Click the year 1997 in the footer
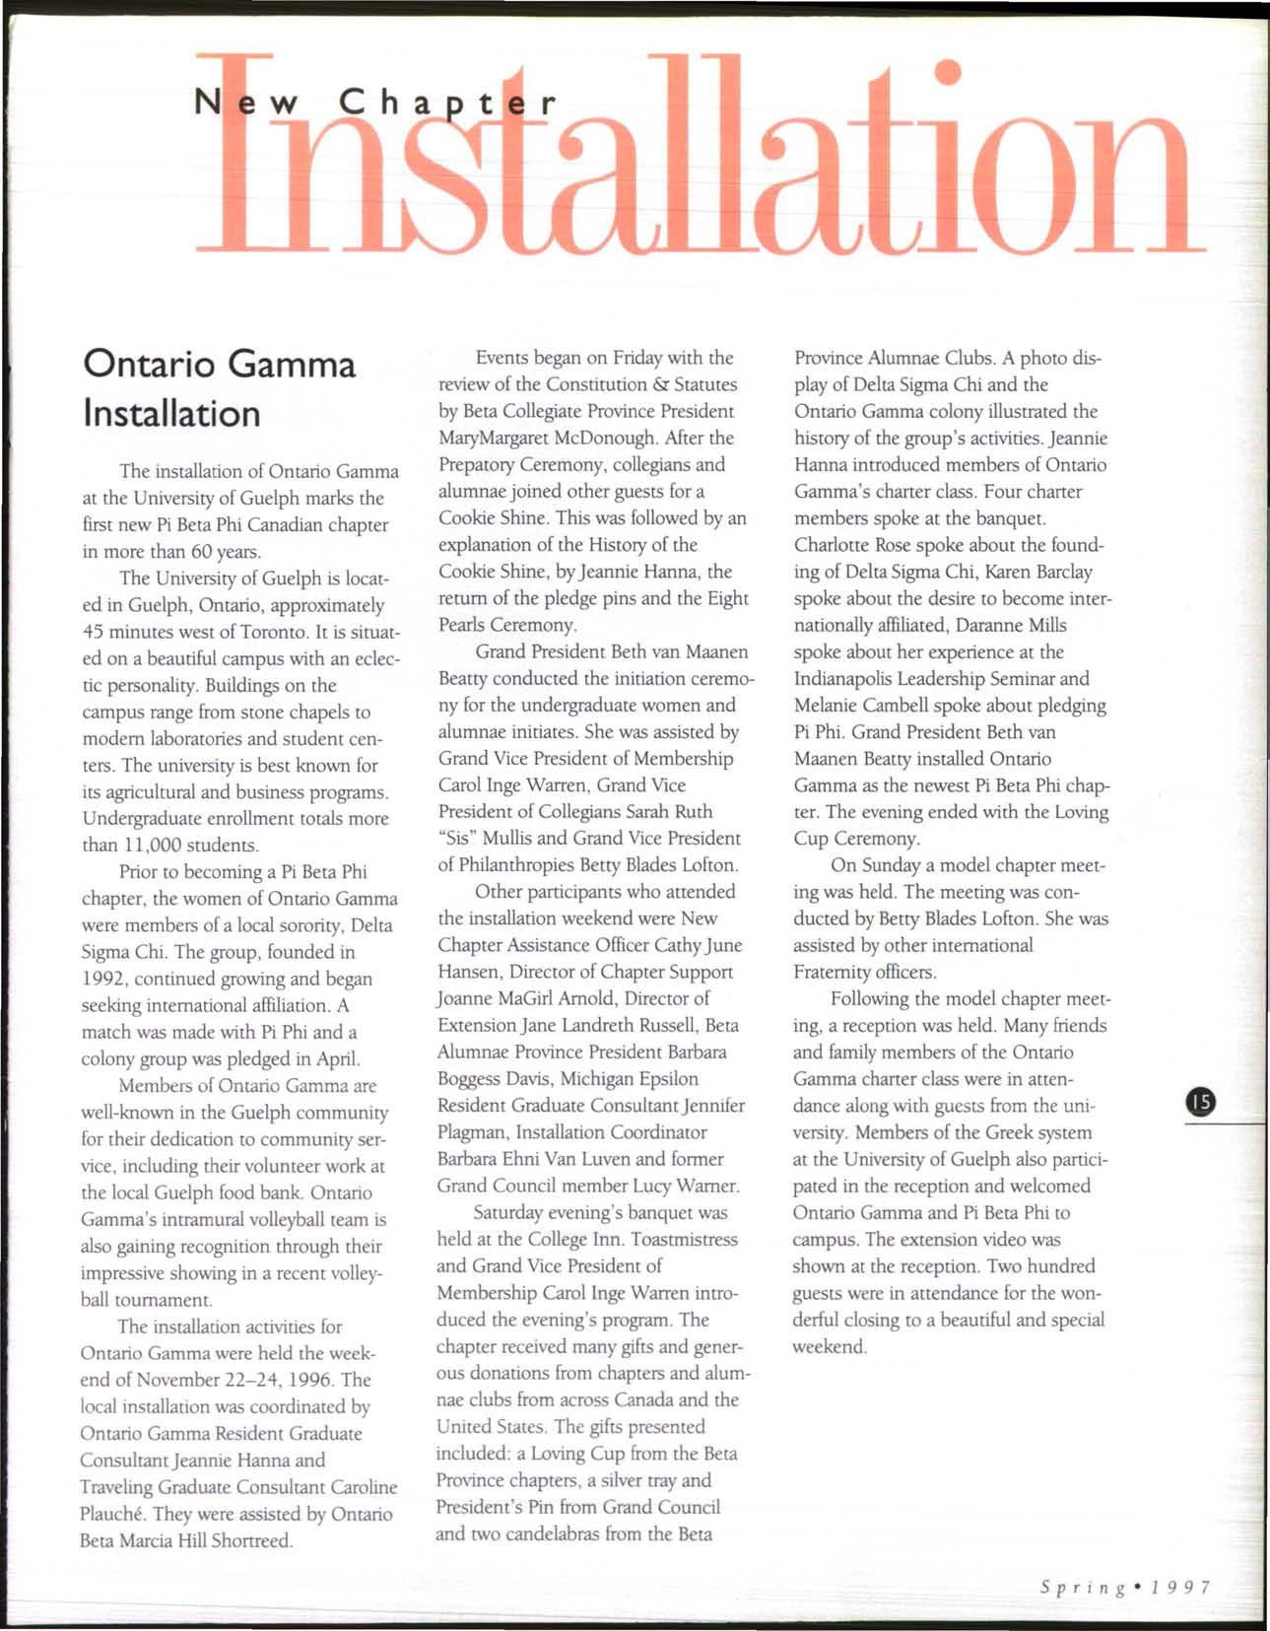pyautogui.click(x=1179, y=1588)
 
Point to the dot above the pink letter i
pyautogui.click(x=947, y=70)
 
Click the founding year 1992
pyautogui.click(x=103, y=980)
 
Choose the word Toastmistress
pyautogui.click(x=684, y=1239)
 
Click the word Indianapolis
pyautogui.click(x=858, y=679)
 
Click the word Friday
pyautogui.click(x=635, y=358)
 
